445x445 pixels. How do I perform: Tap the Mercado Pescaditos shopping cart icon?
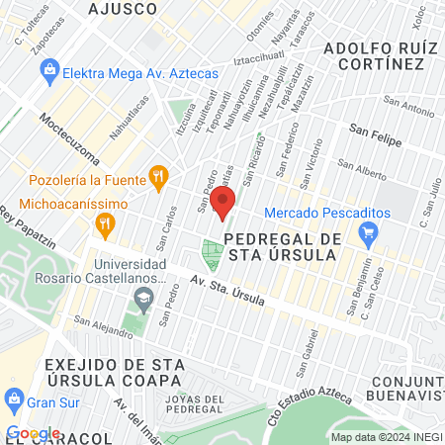point(369,236)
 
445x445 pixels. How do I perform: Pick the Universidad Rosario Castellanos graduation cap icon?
point(145,298)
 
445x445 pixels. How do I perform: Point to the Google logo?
point(33,433)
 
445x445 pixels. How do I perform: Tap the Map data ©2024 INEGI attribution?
point(387,437)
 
